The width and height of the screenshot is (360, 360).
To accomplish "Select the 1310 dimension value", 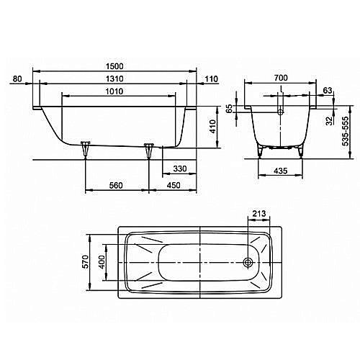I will click(117, 78).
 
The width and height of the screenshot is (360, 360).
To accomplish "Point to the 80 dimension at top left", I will click(18, 78).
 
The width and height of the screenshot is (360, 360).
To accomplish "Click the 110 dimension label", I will click(211, 78).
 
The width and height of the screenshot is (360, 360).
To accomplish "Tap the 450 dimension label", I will click(174, 186).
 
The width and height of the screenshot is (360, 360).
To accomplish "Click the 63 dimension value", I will click(328, 91).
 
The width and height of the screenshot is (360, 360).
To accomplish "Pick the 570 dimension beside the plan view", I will click(85, 260).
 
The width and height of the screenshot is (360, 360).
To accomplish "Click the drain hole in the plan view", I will click(249, 262).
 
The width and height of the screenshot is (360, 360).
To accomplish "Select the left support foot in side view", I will click(86, 150).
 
